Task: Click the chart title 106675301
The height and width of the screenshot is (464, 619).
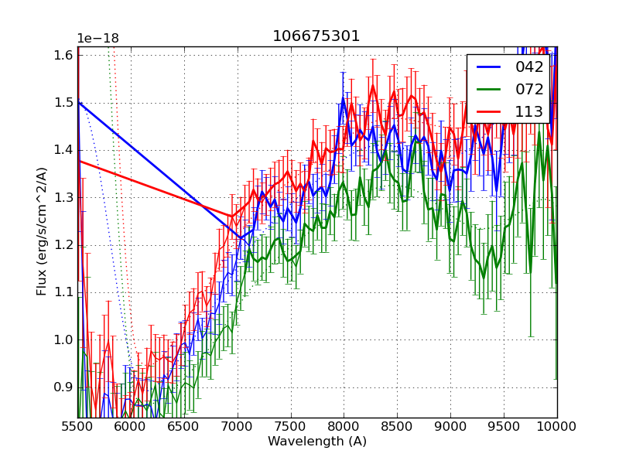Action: (316, 36)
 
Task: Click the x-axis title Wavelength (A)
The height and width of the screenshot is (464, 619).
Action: (317, 442)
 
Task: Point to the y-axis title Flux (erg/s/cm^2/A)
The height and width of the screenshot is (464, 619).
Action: (42, 232)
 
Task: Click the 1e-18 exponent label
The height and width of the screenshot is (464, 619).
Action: (98, 39)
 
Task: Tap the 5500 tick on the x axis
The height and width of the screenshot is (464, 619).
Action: (77, 426)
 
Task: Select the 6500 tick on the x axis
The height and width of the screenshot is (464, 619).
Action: (184, 426)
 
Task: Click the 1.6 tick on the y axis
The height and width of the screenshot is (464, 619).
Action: (63, 55)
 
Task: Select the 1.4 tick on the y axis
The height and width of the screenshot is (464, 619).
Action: (63, 150)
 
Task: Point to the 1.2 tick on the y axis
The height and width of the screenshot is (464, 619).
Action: (63, 245)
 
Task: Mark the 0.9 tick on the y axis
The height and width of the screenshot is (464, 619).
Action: (63, 387)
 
